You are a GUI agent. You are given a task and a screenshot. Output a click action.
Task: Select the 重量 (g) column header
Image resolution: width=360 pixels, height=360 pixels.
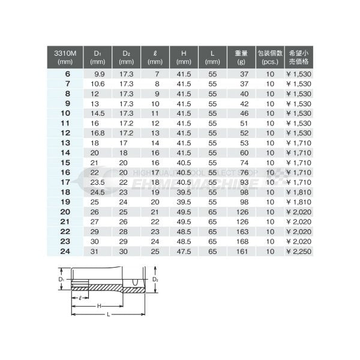click(242, 57)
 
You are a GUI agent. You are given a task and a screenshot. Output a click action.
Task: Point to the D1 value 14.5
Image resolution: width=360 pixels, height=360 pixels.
click(98, 112)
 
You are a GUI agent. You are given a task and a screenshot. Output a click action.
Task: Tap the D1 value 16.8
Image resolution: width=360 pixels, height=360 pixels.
click(98, 132)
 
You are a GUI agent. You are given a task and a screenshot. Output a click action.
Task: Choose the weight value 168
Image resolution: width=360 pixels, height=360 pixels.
click(242, 242)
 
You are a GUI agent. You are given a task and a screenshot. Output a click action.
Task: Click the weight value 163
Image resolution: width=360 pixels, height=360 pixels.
click(242, 232)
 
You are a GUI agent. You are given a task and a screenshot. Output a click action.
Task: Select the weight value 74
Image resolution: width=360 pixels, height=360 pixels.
click(243, 162)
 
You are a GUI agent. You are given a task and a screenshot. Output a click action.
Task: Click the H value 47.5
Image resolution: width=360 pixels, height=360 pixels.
click(184, 251)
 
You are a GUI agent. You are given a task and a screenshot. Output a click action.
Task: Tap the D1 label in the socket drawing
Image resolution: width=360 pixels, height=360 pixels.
click(62, 280)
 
